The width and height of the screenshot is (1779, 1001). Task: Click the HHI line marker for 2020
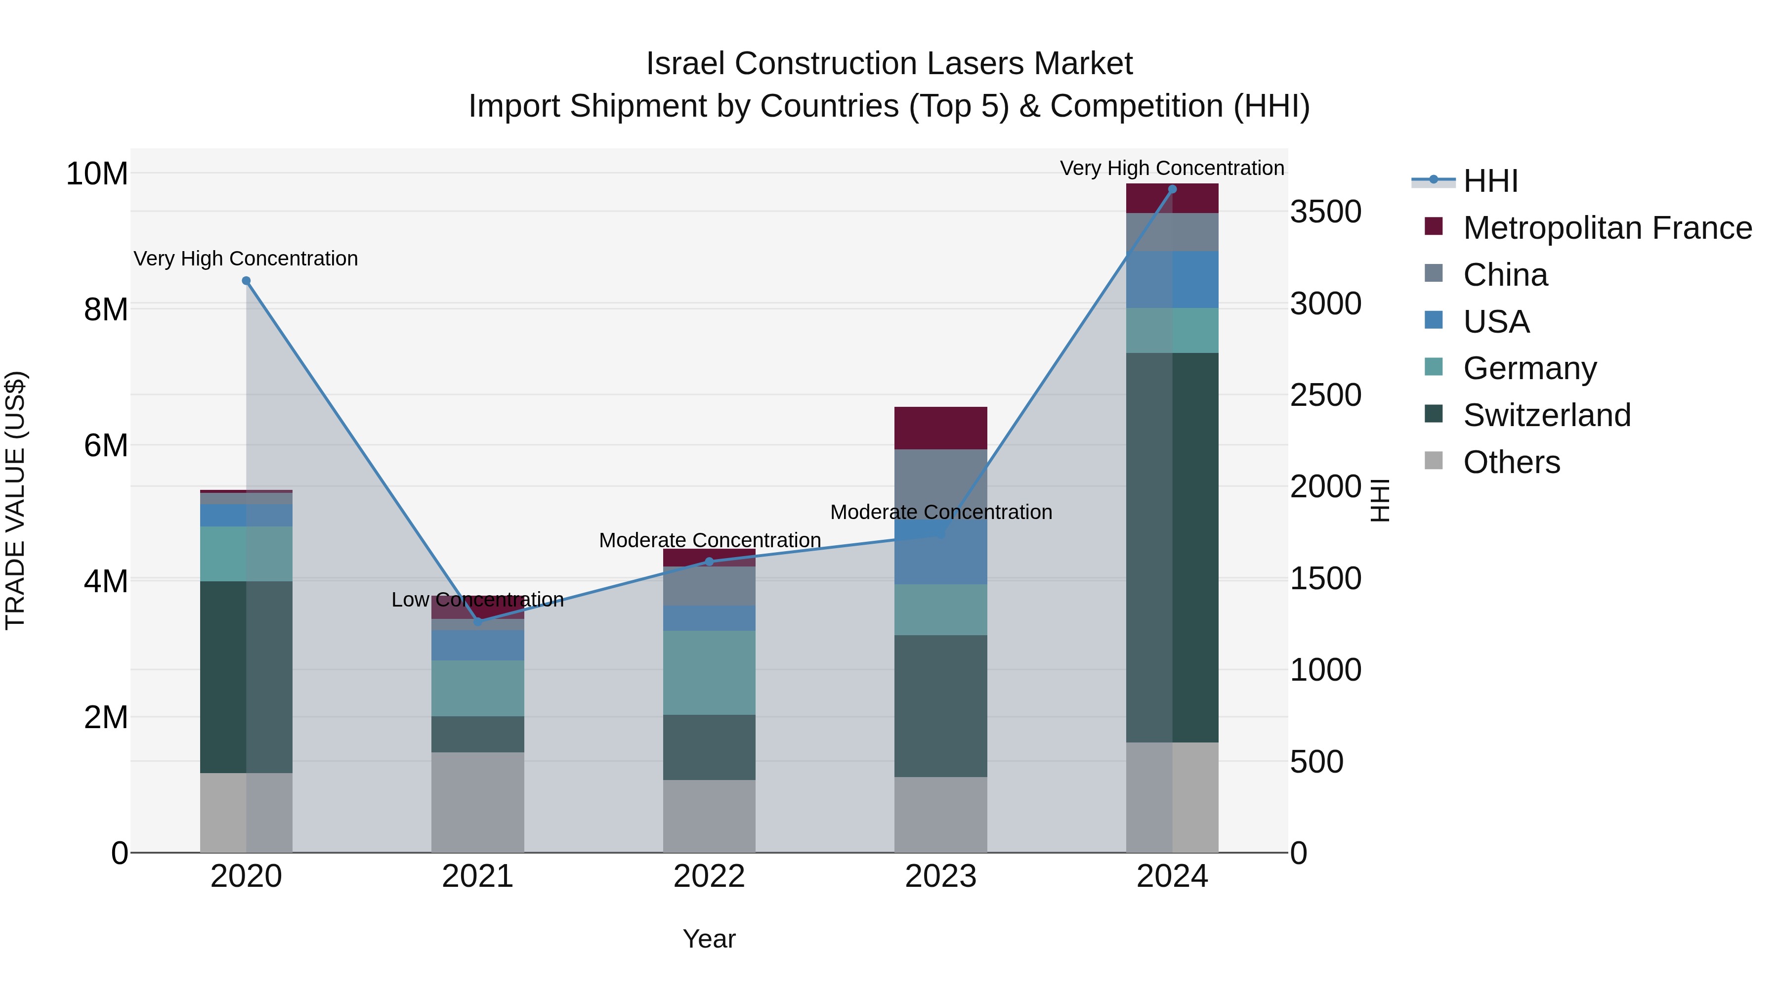coord(246,280)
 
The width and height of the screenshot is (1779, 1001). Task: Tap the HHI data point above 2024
coord(1172,189)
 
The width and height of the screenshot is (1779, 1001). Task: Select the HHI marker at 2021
coord(478,622)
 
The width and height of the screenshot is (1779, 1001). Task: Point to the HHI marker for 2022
coord(709,562)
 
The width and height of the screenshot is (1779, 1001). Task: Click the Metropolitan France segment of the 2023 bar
coord(940,428)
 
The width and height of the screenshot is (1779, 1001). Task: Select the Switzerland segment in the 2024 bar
coord(1172,547)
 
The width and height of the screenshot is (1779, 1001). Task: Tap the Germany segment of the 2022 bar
coord(709,672)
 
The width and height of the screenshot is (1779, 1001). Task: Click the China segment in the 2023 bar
coord(940,483)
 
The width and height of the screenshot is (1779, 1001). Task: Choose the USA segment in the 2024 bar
coord(1172,280)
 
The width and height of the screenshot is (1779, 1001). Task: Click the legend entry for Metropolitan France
coord(1607,228)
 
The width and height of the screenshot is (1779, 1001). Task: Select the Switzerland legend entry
coord(1546,415)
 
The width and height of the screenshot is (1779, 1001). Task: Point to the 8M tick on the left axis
coord(106,309)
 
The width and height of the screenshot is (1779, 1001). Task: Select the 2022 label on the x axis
coord(709,876)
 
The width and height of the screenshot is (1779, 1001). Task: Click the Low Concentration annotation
coord(478,600)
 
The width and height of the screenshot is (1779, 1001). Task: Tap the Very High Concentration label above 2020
coord(246,259)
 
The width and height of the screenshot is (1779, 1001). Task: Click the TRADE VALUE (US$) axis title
coord(15,500)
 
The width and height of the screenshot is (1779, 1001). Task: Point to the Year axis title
coord(709,939)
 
